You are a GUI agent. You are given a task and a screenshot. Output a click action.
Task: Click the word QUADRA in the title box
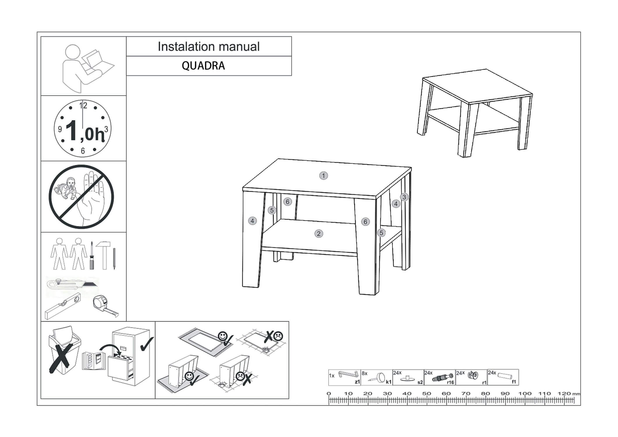[203, 66]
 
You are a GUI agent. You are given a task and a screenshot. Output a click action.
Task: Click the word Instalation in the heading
[182, 47]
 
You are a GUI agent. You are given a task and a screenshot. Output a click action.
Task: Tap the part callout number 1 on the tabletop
[323, 176]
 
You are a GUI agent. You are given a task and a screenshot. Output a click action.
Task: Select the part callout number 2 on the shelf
[319, 234]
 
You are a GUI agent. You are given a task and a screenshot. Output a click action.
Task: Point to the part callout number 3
[404, 197]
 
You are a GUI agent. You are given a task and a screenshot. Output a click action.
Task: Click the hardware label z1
[357, 382]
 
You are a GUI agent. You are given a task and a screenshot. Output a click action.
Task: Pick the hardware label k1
[389, 382]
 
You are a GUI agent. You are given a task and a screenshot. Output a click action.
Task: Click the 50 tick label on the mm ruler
[426, 394]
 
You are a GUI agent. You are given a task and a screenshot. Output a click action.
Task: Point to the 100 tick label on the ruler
[525, 394]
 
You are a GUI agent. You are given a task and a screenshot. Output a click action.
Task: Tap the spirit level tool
[62, 306]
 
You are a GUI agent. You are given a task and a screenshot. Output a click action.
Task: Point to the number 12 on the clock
[83, 105]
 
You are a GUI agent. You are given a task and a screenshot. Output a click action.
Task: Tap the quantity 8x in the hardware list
[364, 373]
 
